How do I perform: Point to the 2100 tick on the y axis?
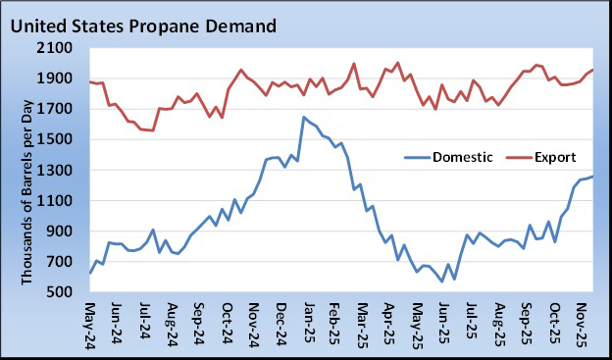pos(60,48)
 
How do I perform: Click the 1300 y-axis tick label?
pos(60,170)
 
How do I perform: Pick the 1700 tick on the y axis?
pos(60,109)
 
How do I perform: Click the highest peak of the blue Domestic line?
pos(303,118)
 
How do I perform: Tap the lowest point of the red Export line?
pos(153,130)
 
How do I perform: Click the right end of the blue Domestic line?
pos(593,177)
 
